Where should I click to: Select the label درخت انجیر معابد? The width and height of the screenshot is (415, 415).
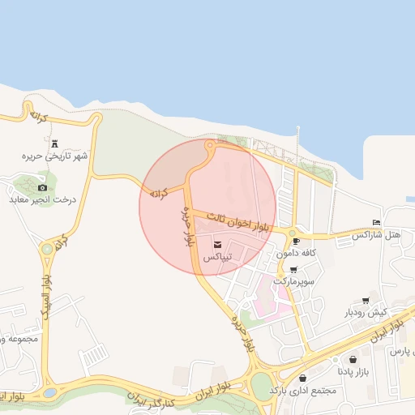click(x=42, y=199)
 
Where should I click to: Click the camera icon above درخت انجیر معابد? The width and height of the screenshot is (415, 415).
click(x=42, y=187)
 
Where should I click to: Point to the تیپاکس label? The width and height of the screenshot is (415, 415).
click(x=216, y=257)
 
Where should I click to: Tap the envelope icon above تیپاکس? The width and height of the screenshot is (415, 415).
click(x=216, y=245)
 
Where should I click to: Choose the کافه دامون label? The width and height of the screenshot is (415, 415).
click(x=295, y=253)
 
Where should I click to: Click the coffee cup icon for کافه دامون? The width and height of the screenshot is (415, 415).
click(x=295, y=241)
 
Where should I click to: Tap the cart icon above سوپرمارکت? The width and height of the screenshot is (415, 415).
click(x=293, y=271)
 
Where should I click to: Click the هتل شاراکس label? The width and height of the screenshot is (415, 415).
click(x=376, y=234)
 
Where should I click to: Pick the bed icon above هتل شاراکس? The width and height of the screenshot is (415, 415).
click(x=376, y=222)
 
